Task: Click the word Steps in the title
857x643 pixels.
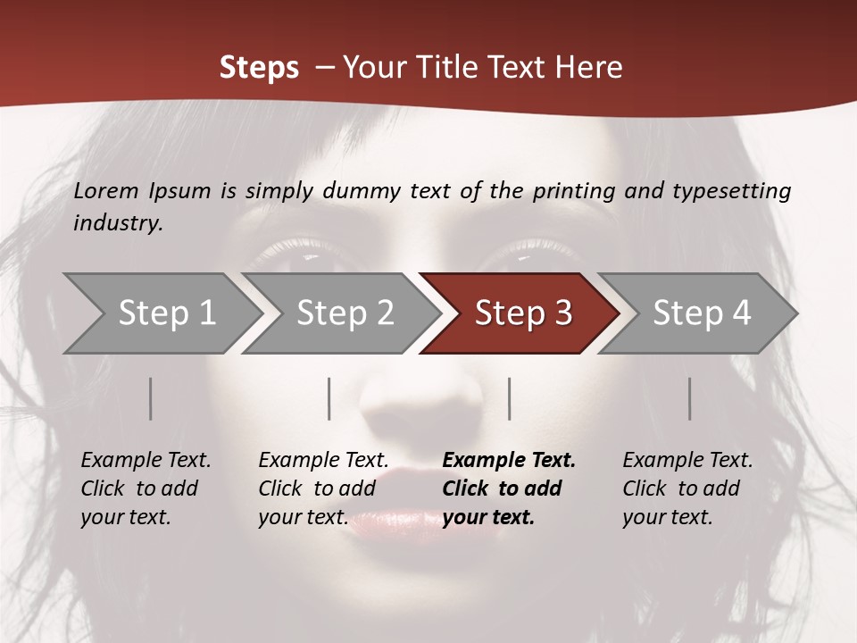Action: pos(259,68)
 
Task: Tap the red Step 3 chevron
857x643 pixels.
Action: pos(522,313)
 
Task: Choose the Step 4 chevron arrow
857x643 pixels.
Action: pos(701,313)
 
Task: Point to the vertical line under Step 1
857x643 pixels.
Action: pos(150,398)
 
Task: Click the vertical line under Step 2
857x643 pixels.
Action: pos(329,398)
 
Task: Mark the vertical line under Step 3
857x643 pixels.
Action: pos(509,398)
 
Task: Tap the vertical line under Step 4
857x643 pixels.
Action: pos(689,398)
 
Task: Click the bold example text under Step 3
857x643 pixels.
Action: pos(509,489)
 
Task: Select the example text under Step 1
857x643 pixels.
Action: pos(146,489)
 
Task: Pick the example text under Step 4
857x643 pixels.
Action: pos(687,489)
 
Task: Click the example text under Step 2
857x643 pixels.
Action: pos(323,489)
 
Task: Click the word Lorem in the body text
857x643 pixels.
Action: pos(106,190)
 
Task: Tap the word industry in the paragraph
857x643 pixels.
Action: pos(118,223)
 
